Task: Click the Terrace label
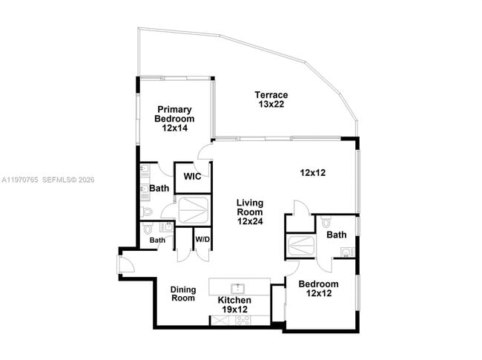point(271,94)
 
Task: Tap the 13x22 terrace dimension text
point(271,105)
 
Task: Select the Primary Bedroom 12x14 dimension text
point(175,128)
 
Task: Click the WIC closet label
point(193,177)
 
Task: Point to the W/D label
point(202,239)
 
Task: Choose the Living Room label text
point(250,207)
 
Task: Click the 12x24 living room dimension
point(250,221)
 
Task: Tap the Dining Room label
point(183,294)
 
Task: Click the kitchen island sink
point(237,287)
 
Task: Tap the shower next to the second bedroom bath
point(302,246)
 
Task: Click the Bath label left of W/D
point(157,240)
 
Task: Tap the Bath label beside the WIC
point(159,189)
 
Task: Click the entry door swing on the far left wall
point(123,262)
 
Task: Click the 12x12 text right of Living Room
point(314,172)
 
